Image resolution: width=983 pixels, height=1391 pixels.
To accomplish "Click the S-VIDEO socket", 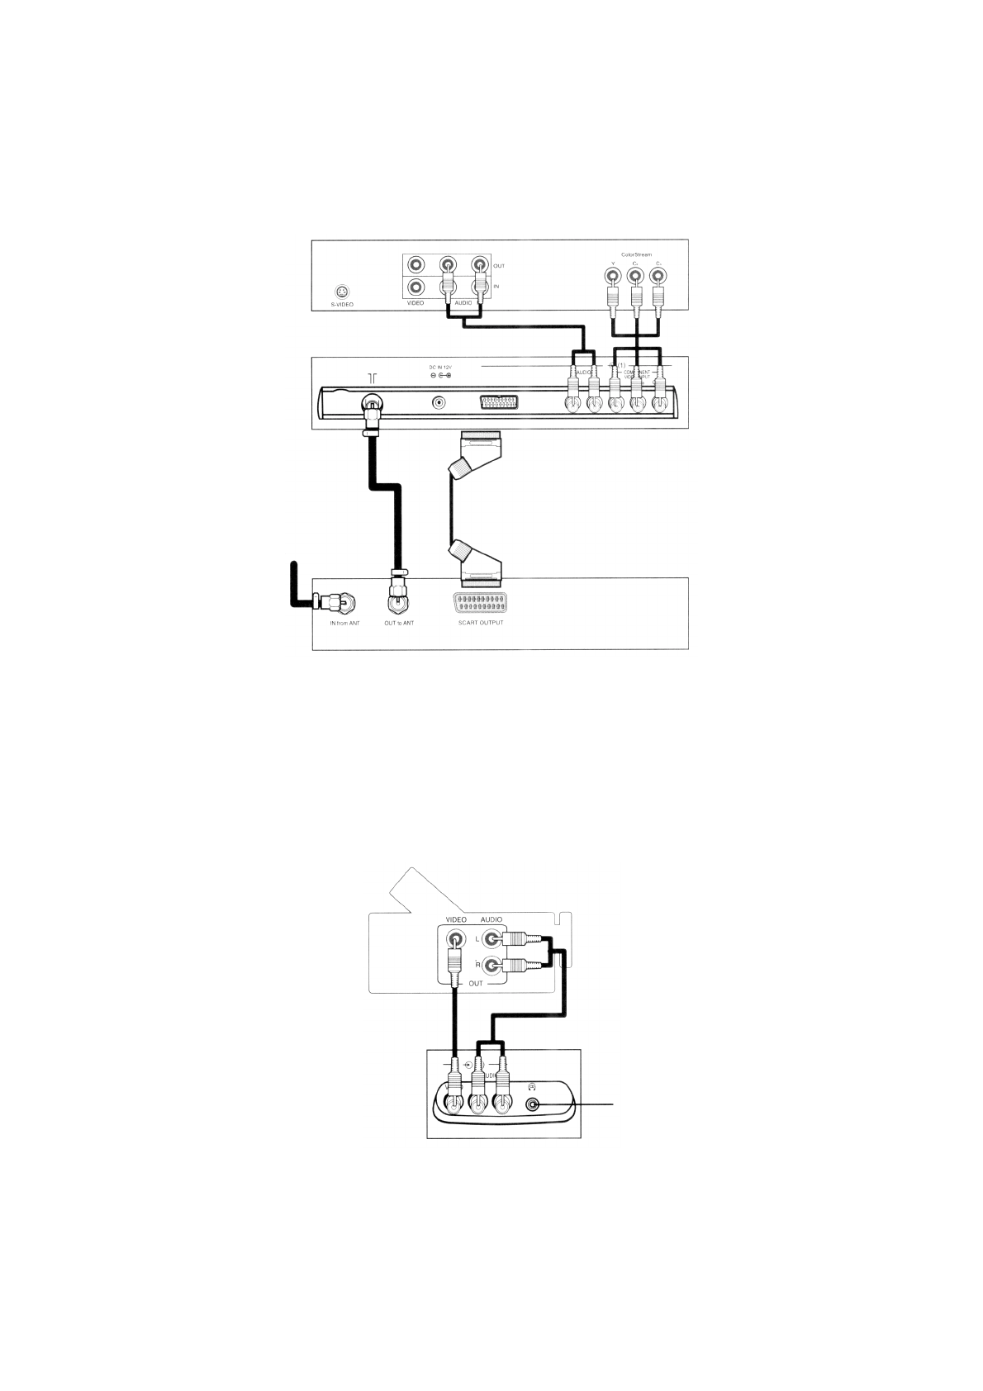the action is click(342, 292).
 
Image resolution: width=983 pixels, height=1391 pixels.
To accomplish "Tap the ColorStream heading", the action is click(635, 254).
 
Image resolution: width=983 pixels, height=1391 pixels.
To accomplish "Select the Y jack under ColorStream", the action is click(613, 276).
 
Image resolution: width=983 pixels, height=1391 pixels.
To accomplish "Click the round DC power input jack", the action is click(439, 403).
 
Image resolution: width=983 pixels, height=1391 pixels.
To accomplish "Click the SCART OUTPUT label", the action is click(480, 622).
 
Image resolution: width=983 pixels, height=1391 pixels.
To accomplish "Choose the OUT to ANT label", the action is click(399, 623).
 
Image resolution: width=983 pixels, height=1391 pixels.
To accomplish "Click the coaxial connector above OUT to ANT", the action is click(398, 600).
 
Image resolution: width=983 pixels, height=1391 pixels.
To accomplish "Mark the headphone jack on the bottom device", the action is click(533, 1105).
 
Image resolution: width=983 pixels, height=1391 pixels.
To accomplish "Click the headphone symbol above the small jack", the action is click(532, 1086).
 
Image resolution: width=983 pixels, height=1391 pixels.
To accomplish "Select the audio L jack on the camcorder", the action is click(493, 938).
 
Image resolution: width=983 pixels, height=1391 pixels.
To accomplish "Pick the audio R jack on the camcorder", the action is click(493, 965).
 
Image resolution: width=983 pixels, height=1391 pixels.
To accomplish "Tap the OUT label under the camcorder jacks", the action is click(476, 984).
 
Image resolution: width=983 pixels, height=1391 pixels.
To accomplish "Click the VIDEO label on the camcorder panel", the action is click(456, 919).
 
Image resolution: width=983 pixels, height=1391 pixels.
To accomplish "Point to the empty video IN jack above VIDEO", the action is click(416, 287).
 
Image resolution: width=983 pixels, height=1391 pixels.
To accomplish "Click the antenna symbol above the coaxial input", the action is click(373, 377).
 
